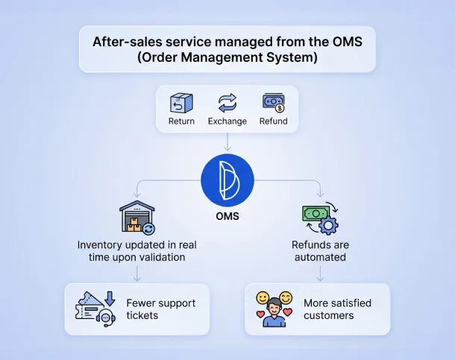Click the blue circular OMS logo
228,182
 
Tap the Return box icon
181,102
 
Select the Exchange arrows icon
227,102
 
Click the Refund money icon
273,102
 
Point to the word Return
181,121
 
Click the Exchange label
227,121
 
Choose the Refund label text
273,121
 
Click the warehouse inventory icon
137,218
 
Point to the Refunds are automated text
319,250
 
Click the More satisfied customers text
336,309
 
